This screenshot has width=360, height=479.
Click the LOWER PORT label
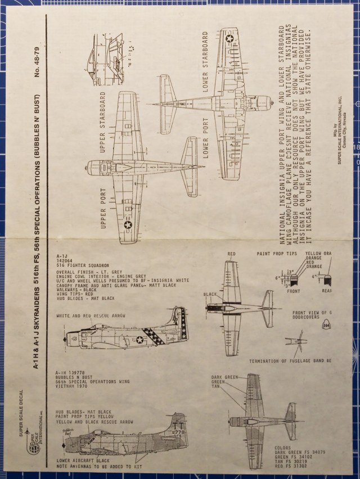click(x=205, y=138)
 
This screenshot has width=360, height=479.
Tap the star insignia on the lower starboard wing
click(x=229, y=38)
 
